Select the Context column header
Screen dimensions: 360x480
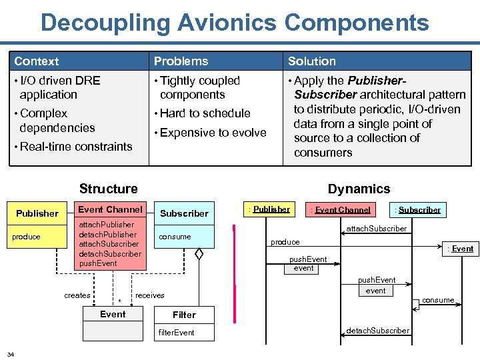click(37, 61)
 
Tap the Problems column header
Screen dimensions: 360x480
click(181, 61)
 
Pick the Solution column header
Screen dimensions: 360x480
click(312, 61)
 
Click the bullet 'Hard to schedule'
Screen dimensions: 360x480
click(205, 113)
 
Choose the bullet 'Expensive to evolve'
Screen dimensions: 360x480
click(213, 133)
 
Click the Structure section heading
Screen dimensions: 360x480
click(108, 189)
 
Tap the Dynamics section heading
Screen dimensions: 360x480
click(359, 189)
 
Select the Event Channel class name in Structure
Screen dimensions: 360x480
click(110, 209)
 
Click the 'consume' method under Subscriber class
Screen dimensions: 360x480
click(175, 237)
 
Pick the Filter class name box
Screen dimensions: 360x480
click(184, 315)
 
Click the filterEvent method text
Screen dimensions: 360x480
click(176, 333)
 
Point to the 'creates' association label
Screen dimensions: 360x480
click(77, 295)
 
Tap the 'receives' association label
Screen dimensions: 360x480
click(150, 295)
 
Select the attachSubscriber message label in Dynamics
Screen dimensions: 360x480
click(377, 229)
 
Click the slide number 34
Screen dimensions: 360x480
click(11, 353)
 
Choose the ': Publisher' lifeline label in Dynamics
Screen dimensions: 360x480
click(270, 209)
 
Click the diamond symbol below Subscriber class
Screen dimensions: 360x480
click(198, 253)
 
